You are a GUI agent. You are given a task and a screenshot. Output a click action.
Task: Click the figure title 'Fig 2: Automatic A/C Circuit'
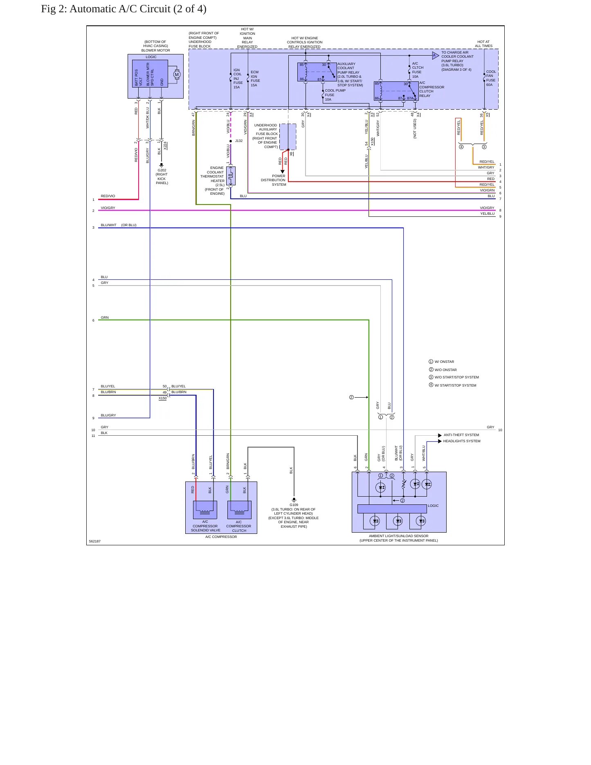pyautogui.click(x=106, y=9)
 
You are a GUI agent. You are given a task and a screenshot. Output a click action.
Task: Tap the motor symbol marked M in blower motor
pyautogui.click(x=177, y=74)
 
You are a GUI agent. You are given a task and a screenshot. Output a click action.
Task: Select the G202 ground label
pyautogui.click(x=162, y=170)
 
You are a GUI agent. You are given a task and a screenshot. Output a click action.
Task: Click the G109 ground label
pyautogui.click(x=294, y=505)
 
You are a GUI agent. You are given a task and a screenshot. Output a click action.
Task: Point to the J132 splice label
pyautogui.click(x=239, y=141)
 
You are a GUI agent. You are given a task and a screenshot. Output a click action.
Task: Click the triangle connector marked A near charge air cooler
pyautogui.click(x=435, y=55)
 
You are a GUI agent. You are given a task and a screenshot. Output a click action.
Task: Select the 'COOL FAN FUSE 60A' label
pyautogui.click(x=490, y=78)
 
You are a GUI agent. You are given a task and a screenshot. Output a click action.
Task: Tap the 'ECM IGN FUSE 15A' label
pyautogui.click(x=255, y=79)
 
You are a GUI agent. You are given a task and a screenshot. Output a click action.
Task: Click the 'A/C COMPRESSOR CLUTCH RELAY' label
pyautogui.click(x=431, y=89)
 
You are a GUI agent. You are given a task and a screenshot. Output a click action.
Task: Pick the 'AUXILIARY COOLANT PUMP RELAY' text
pyautogui.click(x=348, y=68)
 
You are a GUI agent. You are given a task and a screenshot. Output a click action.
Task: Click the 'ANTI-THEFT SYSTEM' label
pyautogui.click(x=461, y=435)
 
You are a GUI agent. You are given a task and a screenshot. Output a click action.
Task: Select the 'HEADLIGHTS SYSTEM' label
pyautogui.click(x=462, y=441)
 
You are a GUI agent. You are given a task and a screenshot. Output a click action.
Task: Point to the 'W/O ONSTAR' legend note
pyautogui.click(x=445, y=370)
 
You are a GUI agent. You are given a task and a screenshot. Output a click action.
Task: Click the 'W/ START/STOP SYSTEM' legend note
pyautogui.click(x=455, y=385)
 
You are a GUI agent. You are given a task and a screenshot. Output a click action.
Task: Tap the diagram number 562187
pyautogui.click(x=95, y=541)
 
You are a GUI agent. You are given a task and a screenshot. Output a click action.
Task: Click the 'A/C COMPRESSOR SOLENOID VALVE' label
pyautogui.click(x=205, y=526)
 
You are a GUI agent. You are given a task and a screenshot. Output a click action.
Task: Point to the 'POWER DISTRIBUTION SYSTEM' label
pyautogui.click(x=274, y=180)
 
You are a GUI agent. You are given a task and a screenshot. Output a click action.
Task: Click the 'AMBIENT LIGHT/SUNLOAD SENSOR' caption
pyautogui.click(x=399, y=536)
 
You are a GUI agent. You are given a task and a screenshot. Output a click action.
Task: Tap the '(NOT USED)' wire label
pyautogui.click(x=415, y=129)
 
